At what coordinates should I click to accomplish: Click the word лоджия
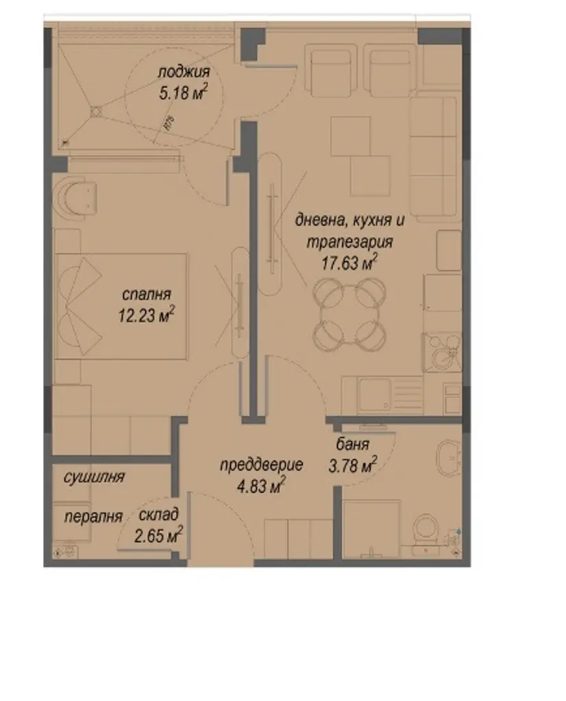184,72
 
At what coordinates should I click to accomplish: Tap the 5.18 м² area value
184,92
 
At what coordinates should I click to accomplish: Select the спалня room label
147,295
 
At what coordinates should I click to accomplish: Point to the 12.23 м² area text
147,315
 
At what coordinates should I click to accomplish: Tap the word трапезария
349,242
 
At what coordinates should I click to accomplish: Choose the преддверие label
261,465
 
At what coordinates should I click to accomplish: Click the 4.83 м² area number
261,485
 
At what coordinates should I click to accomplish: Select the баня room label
353,444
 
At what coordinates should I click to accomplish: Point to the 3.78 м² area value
353,465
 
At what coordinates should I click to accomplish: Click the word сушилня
94,477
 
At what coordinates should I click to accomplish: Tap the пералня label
93,518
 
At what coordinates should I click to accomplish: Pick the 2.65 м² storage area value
158,535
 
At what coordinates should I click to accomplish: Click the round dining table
349,314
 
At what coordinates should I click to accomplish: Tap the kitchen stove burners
442,352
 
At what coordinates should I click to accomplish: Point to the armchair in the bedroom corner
75,196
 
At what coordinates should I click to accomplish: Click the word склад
159,515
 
